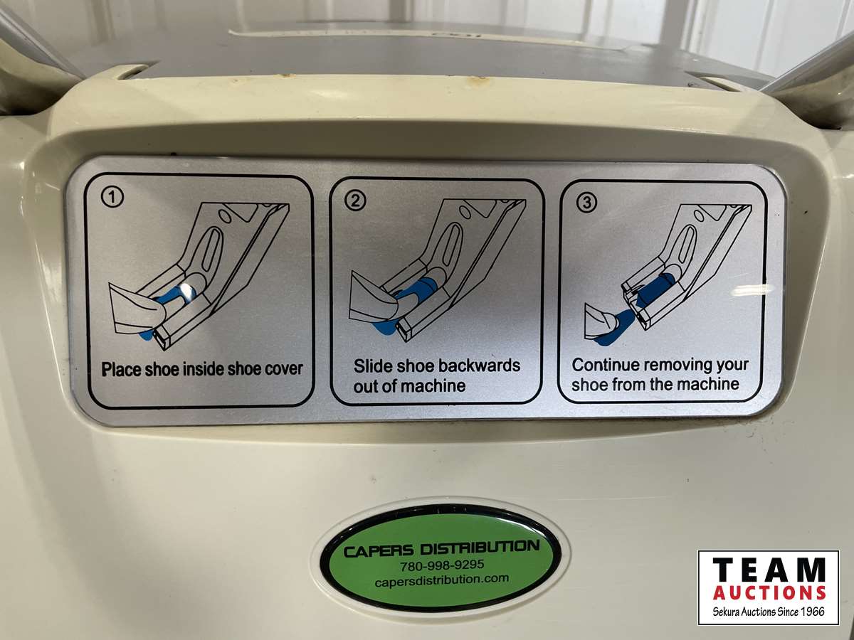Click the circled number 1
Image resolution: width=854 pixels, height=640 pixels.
(112, 198)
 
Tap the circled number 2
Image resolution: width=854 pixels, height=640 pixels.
(355, 201)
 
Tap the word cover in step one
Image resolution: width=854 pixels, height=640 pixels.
(285, 369)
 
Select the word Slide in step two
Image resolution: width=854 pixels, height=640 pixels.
(369, 366)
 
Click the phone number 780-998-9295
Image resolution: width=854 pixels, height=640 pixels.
(442, 565)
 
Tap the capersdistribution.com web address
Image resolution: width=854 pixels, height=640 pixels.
(442, 580)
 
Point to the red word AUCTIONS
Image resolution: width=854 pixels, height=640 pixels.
(769, 594)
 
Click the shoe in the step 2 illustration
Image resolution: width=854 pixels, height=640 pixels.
(377, 295)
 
